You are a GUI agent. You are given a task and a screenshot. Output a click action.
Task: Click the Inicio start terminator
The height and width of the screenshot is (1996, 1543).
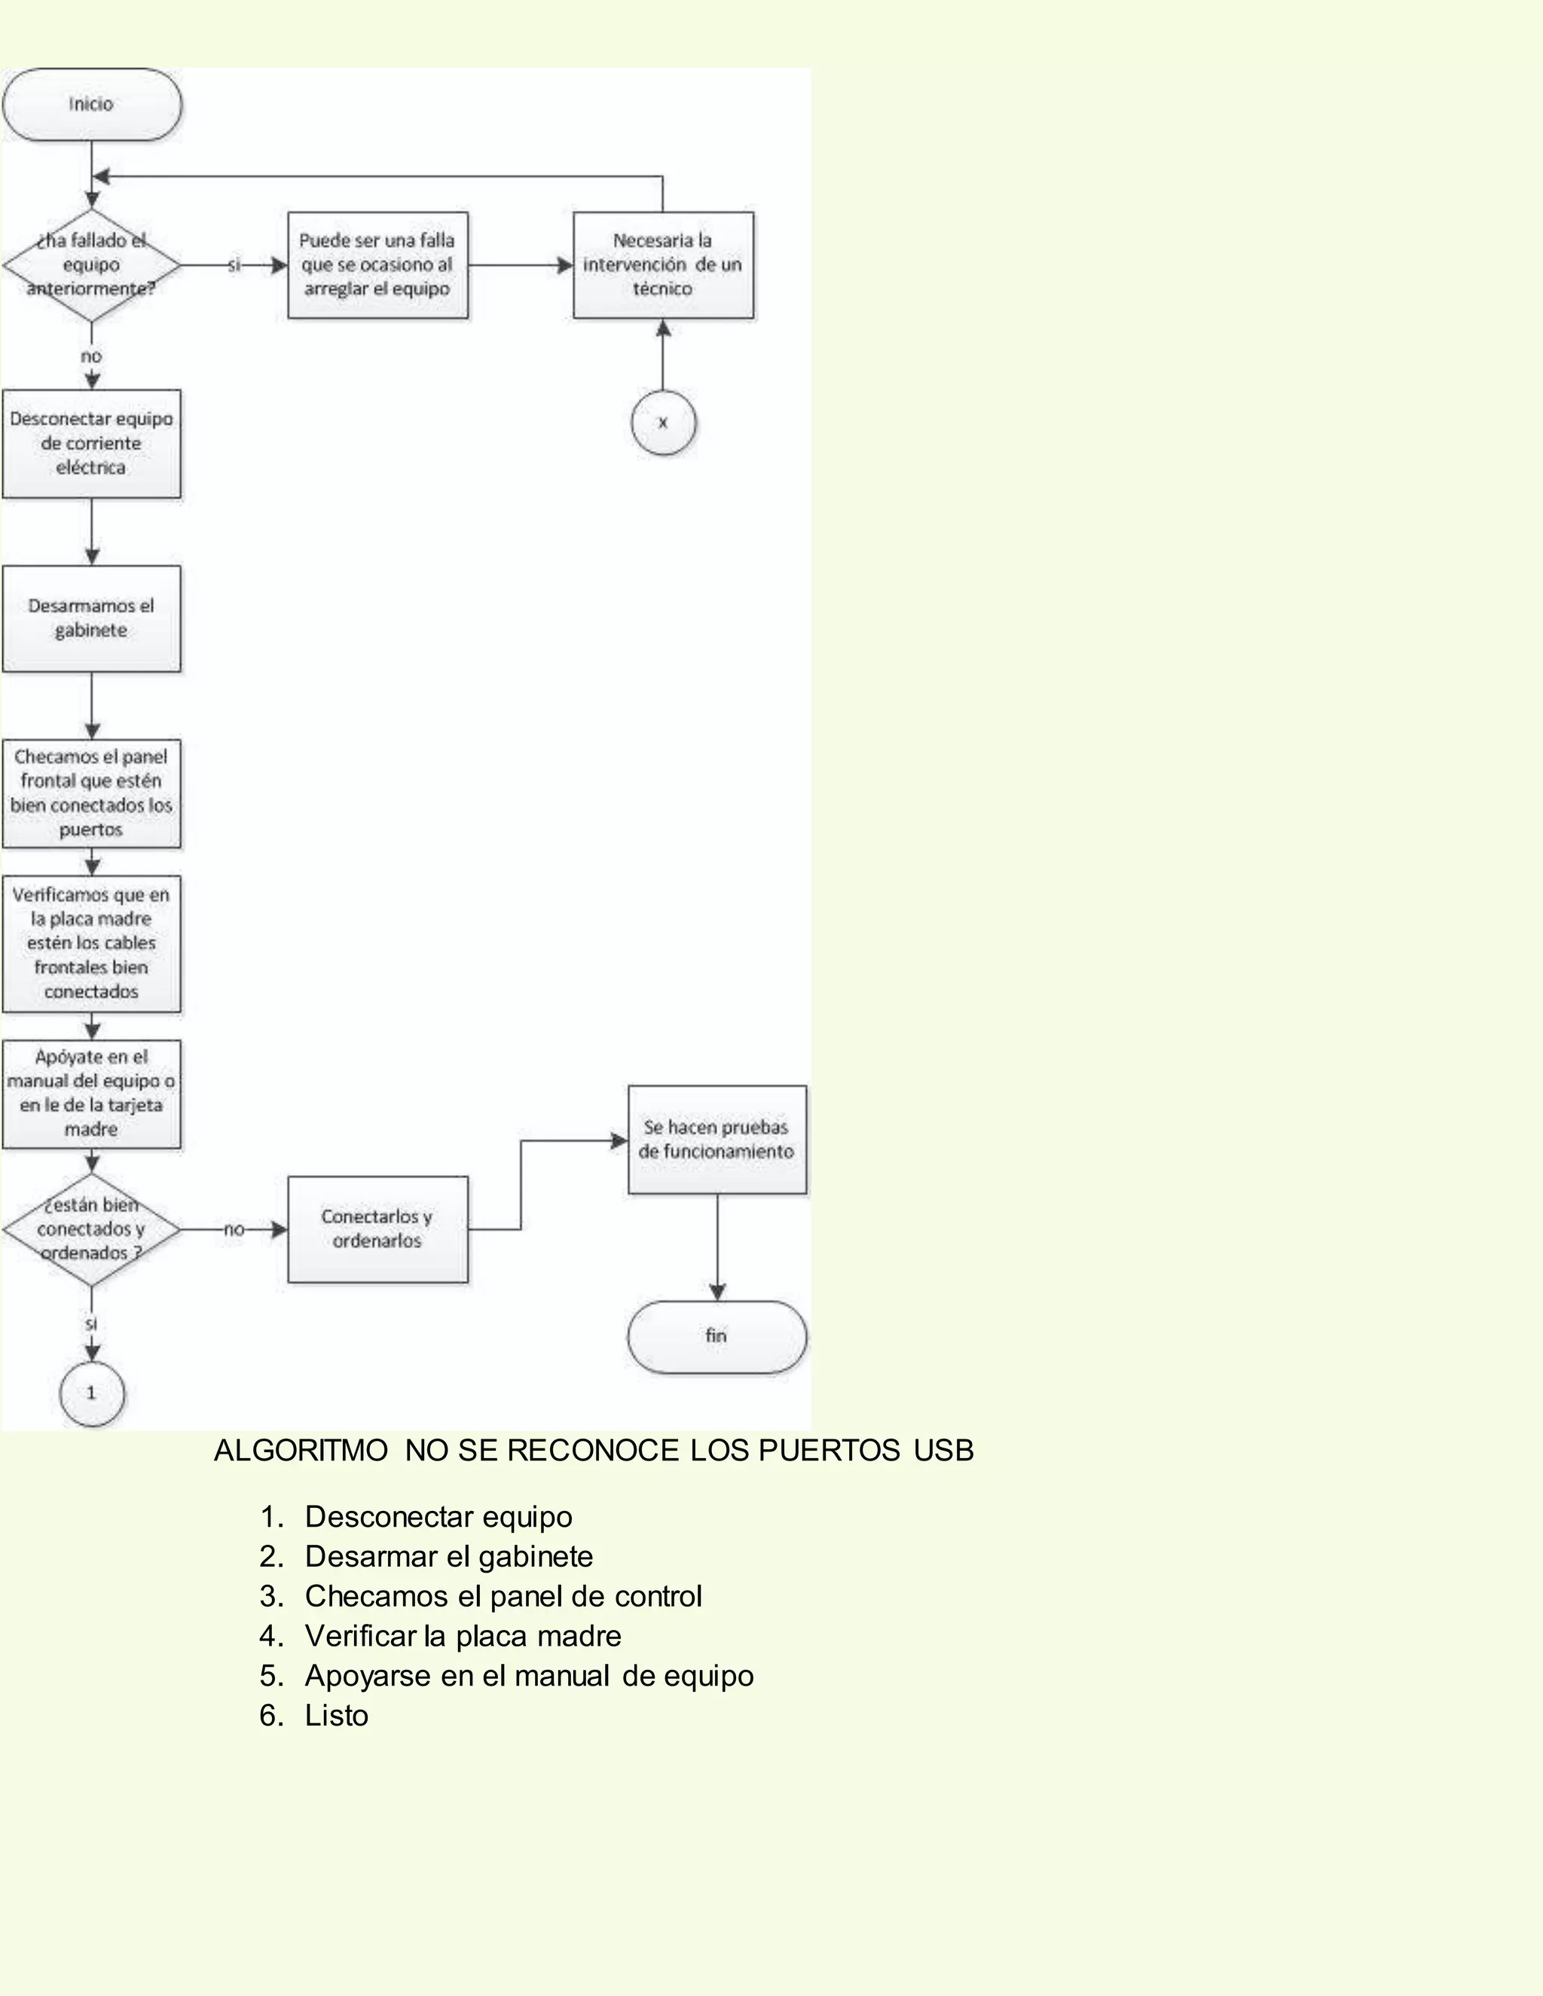[91, 104]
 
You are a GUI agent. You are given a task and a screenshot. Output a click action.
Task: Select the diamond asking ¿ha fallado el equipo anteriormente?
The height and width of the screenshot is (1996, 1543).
[91, 265]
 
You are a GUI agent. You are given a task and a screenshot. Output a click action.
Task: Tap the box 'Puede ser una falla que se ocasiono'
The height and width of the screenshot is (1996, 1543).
[377, 265]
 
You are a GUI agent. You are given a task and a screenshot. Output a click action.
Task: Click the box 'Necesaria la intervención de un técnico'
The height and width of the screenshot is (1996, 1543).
[663, 265]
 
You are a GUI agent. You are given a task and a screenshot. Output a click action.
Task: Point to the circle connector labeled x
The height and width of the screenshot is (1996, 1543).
[663, 423]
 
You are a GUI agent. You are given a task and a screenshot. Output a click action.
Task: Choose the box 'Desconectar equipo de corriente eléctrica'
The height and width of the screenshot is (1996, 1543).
[91, 443]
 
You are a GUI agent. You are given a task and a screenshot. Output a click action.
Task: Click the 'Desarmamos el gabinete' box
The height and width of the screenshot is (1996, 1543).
[91, 618]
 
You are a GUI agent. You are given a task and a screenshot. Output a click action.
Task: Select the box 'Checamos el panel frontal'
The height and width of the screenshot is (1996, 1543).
[91, 793]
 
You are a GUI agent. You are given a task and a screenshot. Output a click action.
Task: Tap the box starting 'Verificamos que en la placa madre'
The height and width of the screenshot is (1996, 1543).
[91, 943]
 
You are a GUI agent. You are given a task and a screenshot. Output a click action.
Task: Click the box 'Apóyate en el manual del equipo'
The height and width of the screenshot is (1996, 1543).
[91, 1093]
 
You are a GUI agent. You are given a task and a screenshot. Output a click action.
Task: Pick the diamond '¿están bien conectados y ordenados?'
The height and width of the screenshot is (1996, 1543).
[91, 1229]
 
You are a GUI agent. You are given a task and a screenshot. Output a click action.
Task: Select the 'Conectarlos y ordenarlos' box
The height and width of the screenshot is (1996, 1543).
[377, 1229]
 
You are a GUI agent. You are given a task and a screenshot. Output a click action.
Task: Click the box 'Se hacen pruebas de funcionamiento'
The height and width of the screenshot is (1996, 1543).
[717, 1139]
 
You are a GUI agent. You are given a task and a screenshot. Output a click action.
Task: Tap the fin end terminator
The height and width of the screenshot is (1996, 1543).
[717, 1336]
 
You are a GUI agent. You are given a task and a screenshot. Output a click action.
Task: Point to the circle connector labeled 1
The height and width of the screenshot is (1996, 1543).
[91, 1393]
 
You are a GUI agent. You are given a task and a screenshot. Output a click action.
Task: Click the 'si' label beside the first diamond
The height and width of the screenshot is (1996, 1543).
[234, 265]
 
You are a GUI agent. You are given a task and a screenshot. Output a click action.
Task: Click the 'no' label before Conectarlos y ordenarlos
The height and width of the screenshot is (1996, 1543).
[234, 1229]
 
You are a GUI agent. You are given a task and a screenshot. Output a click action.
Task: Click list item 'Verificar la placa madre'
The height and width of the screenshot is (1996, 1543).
[463, 1636]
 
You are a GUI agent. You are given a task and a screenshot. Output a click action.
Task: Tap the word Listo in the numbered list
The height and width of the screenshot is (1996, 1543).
[336, 1715]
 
